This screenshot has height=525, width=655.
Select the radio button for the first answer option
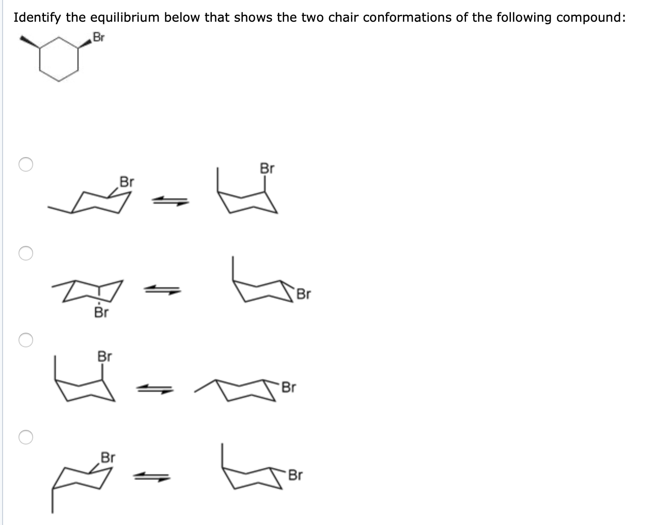click(x=26, y=164)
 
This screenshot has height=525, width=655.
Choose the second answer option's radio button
click(x=26, y=253)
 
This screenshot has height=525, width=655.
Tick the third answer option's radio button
click(x=26, y=341)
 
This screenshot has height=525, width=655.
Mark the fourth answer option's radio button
click(x=26, y=437)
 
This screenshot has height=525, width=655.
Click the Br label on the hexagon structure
click(x=98, y=37)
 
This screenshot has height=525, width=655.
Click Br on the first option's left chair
click(x=127, y=182)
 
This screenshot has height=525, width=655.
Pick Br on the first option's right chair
click(x=267, y=169)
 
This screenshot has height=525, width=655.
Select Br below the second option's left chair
click(x=101, y=313)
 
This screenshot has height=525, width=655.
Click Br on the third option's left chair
click(x=105, y=357)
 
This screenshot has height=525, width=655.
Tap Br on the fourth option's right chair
click(x=295, y=475)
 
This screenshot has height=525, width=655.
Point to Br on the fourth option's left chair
click(x=108, y=457)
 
